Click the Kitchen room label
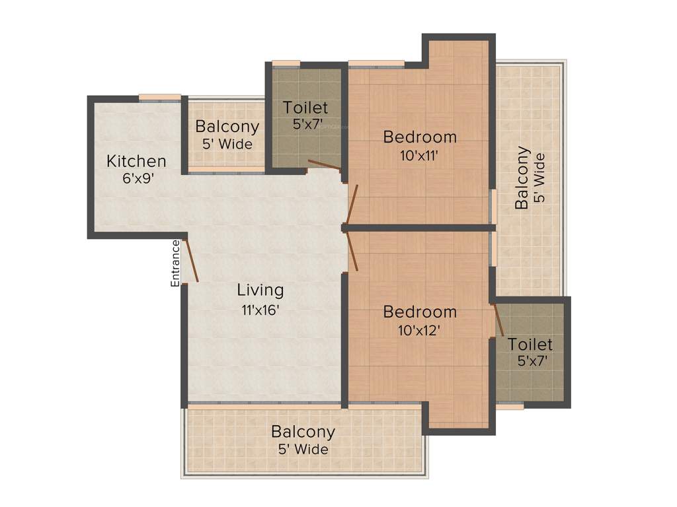click(136, 161)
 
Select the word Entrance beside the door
click(176, 263)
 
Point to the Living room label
click(260, 290)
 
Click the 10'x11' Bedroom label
click(420, 137)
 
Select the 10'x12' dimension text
click(420, 330)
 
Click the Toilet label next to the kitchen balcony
click(305, 107)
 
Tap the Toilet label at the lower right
click(530, 344)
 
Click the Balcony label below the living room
click(303, 432)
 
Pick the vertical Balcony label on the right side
click(523, 178)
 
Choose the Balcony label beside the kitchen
click(227, 126)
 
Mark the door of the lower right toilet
click(499, 320)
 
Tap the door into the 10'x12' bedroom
click(352, 252)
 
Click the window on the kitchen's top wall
click(159, 98)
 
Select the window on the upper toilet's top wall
click(286, 63)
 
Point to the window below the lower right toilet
click(510, 407)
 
